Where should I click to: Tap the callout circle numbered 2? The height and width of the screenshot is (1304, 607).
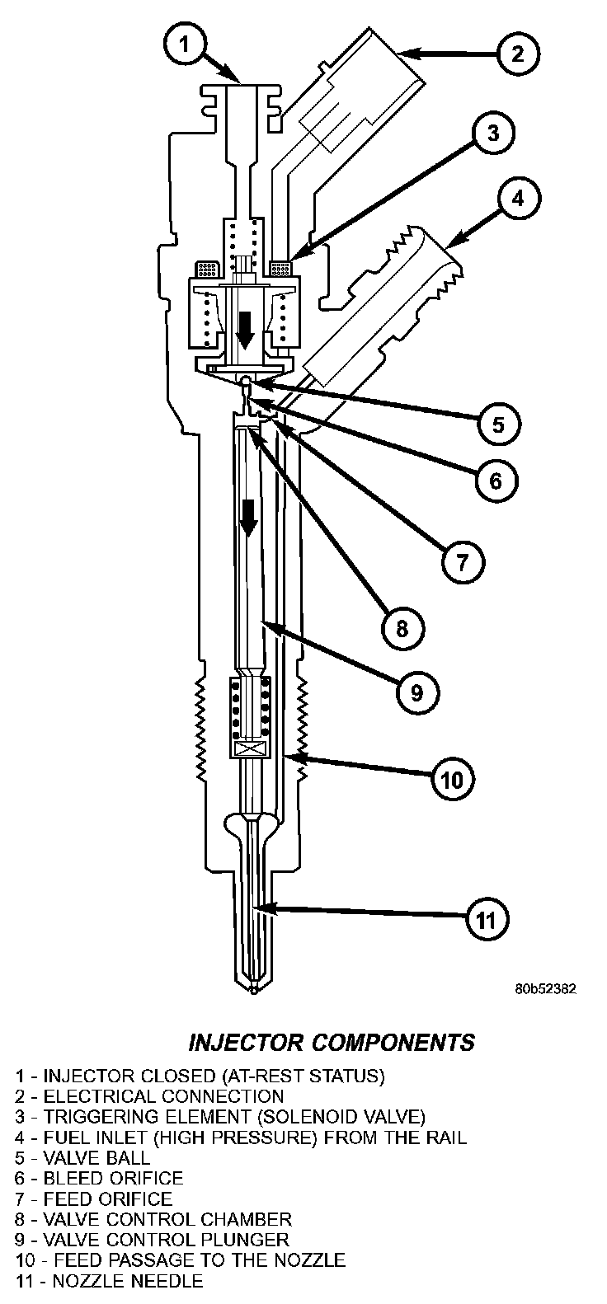(517, 54)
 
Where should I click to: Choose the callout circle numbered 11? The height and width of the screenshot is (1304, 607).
(487, 918)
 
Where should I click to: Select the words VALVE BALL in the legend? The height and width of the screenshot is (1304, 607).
(96, 1157)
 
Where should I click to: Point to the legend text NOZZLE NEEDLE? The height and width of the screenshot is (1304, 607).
(123, 1280)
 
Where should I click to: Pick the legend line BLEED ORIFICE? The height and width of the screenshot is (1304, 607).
(113, 1178)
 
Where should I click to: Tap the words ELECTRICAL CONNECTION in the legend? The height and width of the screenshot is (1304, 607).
(163, 1096)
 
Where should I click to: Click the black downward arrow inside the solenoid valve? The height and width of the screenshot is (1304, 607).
(244, 329)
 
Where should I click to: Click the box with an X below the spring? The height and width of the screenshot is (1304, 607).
(248, 748)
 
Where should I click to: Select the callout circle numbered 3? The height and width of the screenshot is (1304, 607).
(492, 134)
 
